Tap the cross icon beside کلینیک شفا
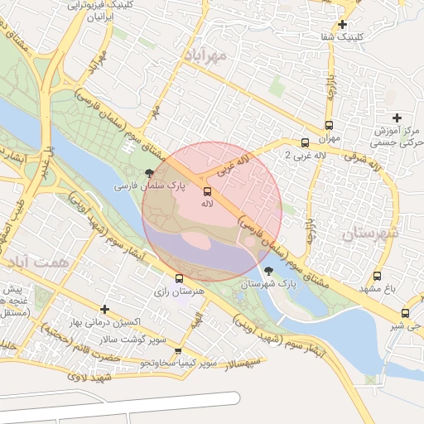[342, 24]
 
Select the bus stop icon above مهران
[333, 127]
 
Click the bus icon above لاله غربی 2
[306, 143]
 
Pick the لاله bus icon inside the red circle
[207, 191]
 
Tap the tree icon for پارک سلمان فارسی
[149, 174]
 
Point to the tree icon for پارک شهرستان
[267, 271]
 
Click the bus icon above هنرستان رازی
[179, 279]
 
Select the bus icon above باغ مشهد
[378, 277]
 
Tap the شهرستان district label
[369, 234]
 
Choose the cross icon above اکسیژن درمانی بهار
[104, 309]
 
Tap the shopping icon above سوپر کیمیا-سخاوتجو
[177, 351]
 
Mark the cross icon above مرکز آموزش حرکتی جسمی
[397, 118]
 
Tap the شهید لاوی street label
[89, 377]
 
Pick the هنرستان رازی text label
[176, 293]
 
